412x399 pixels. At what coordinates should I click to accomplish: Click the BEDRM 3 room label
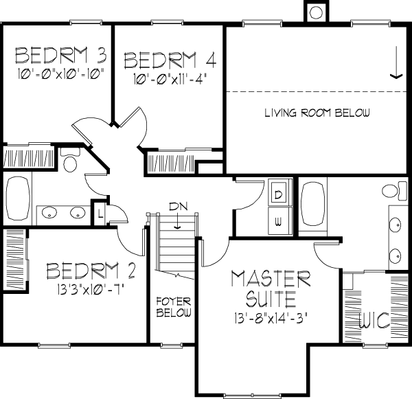click(x=60, y=55)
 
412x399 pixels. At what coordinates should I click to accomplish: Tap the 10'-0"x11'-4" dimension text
click(x=169, y=79)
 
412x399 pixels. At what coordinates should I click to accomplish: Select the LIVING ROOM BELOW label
click(x=317, y=113)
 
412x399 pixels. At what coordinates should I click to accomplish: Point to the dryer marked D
click(x=279, y=195)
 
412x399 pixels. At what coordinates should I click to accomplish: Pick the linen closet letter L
click(x=100, y=214)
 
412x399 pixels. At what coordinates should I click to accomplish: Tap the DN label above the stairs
click(x=179, y=206)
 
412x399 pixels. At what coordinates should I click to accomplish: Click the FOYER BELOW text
click(x=174, y=307)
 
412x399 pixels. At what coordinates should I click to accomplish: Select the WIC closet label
click(x=374, y=321)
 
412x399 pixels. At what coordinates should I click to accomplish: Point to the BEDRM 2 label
click(x=91, y=271)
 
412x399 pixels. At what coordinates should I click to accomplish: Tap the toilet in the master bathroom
click(x=394, y=190)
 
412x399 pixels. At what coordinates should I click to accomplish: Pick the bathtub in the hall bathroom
click(x=18, y=198)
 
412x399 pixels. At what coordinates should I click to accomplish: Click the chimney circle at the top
click(x=316, y=12)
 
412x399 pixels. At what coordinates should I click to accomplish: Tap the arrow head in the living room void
click(x=396, y=76)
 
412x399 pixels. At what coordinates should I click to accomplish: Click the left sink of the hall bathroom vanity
click(x=49, y=212)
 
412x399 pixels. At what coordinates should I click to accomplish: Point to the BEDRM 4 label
click(x=170, y=60)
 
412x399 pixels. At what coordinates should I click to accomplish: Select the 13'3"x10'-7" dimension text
click(x=89, y=290)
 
